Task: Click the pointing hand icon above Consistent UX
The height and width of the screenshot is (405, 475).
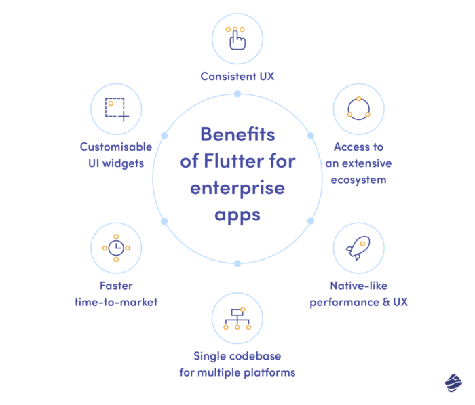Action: coord(237,38)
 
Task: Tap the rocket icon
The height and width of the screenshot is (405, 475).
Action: coord(358,248)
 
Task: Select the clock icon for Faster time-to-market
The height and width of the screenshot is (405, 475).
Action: coord(116,248)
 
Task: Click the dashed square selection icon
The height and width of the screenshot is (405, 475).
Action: coord(116,109)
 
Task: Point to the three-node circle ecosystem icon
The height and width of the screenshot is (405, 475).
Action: coord(358,109)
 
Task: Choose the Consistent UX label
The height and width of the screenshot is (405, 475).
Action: coord(237,76)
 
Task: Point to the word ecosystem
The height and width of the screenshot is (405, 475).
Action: coord(359,180)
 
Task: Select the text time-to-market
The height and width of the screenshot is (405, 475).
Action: coord(116,302)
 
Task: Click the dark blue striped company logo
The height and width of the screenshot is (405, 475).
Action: coord(453,383)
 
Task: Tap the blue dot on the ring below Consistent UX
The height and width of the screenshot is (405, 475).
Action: coord(237,94)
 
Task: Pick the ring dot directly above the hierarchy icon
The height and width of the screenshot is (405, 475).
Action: coord(237,263)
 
